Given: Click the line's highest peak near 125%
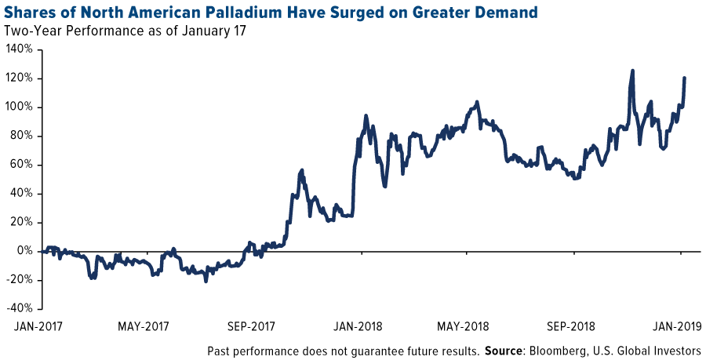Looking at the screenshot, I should (x=632, y=71).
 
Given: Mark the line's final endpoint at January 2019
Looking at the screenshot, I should (x=685, y=78).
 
